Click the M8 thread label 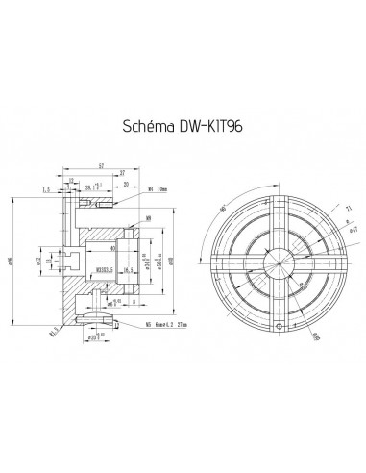click(146, 220)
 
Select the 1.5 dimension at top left click(46, 189)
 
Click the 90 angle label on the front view click(224, 211)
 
